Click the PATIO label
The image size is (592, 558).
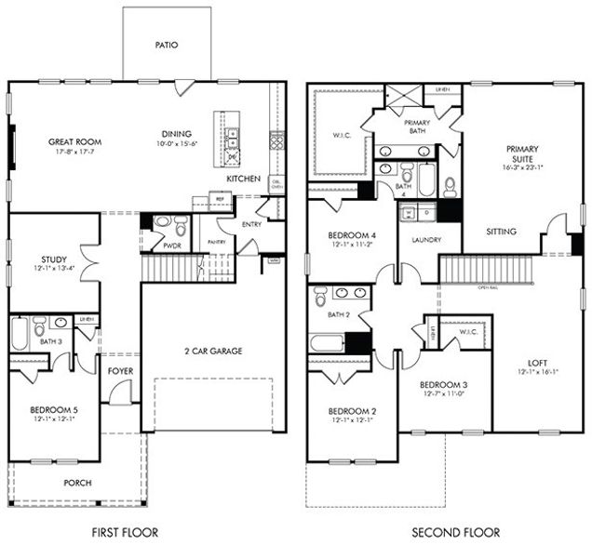tap(168, 44)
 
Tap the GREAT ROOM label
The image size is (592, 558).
tap(74, 142)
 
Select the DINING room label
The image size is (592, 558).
tap(178, 132)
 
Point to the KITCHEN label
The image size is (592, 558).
tap(243, 178)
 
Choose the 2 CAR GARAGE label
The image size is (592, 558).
tap(212, 351)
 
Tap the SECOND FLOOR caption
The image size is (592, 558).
tap(456, 533)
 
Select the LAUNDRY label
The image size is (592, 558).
tap(418, 239)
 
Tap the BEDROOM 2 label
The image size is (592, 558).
tap(352, 410)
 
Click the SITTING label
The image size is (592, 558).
tap(501, 232)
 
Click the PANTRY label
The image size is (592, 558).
tap(218, 242)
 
